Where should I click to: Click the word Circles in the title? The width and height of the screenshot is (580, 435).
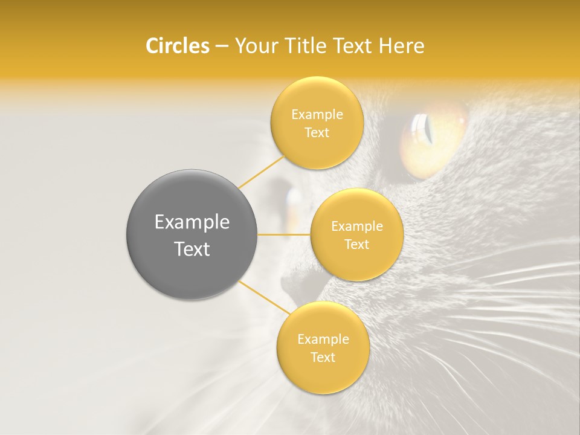177,46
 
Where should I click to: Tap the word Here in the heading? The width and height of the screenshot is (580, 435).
401,46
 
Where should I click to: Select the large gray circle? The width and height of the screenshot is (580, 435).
192,234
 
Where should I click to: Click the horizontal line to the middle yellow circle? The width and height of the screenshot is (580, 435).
283,234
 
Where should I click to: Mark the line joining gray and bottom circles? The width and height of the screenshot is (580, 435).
260,296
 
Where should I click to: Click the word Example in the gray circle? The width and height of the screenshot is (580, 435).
192,222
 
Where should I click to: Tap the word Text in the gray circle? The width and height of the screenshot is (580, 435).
192,249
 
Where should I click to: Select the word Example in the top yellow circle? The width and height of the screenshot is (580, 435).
317,115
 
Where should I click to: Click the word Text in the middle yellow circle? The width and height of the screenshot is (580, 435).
356,245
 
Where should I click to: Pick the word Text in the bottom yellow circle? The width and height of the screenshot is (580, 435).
323,358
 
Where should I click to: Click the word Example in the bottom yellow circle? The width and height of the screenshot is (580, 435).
323,340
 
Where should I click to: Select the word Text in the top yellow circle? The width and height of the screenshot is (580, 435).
317,133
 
